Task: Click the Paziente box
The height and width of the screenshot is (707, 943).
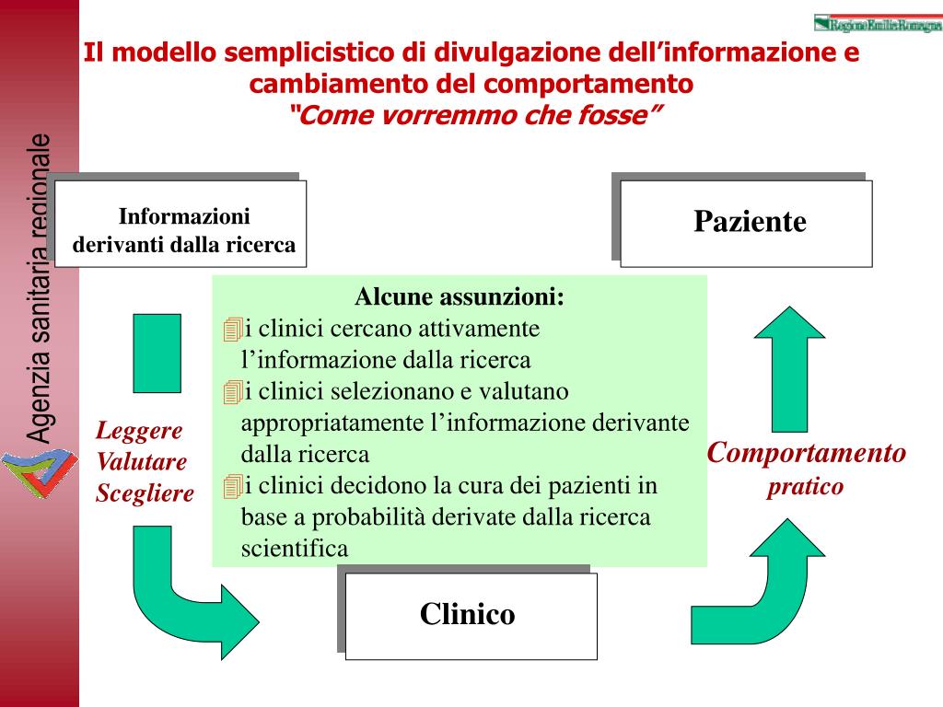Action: (x=747, y=223)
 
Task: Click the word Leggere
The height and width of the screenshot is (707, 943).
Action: (x=140, y=431)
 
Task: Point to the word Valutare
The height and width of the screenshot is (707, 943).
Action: (x=142, y=462)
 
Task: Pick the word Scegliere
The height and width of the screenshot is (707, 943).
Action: (x=146, y=493)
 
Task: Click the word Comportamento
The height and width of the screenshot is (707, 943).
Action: (x=807, y=453)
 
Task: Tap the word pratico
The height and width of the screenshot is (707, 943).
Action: (x=806, y=486)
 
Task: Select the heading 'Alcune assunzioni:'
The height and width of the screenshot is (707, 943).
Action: (x=460, y=297)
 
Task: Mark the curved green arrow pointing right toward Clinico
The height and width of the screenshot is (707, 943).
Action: (x=184, y=594)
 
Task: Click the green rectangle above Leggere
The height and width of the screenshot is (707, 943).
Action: (x=157, y=353)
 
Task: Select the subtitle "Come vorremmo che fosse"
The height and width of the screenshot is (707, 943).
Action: (x=475, y=116)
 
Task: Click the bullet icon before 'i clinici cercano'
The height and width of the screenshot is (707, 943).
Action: (x=232, y=329)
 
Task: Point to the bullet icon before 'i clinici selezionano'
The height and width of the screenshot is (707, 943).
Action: (x=232, y=393)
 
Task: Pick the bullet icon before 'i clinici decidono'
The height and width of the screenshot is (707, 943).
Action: (x=232, y=486)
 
